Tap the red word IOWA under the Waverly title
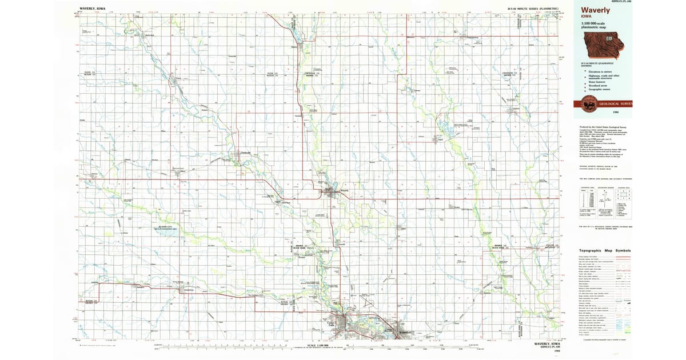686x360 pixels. (588, 18)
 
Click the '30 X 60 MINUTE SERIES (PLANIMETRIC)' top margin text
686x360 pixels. (532, 9)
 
